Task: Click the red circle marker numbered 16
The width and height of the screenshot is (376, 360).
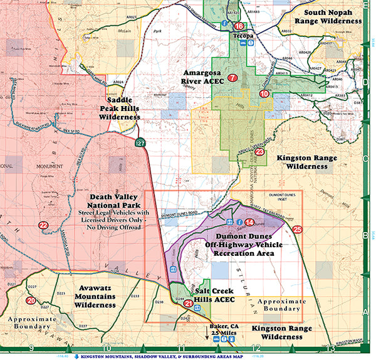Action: [240, 26]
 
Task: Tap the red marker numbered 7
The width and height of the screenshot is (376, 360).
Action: [232, 78]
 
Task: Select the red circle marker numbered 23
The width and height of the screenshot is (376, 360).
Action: [259, 151]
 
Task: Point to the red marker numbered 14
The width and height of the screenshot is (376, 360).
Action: [249, 222]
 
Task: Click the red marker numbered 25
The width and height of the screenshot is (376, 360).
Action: [297, 229]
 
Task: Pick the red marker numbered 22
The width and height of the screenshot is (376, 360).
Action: [43, 225]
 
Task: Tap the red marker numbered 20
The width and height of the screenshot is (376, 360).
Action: [31, 300]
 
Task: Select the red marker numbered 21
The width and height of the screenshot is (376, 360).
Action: [189, 303]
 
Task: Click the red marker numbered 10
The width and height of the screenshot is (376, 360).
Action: [264, 93]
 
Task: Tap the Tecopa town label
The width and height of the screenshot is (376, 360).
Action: [243, 36]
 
